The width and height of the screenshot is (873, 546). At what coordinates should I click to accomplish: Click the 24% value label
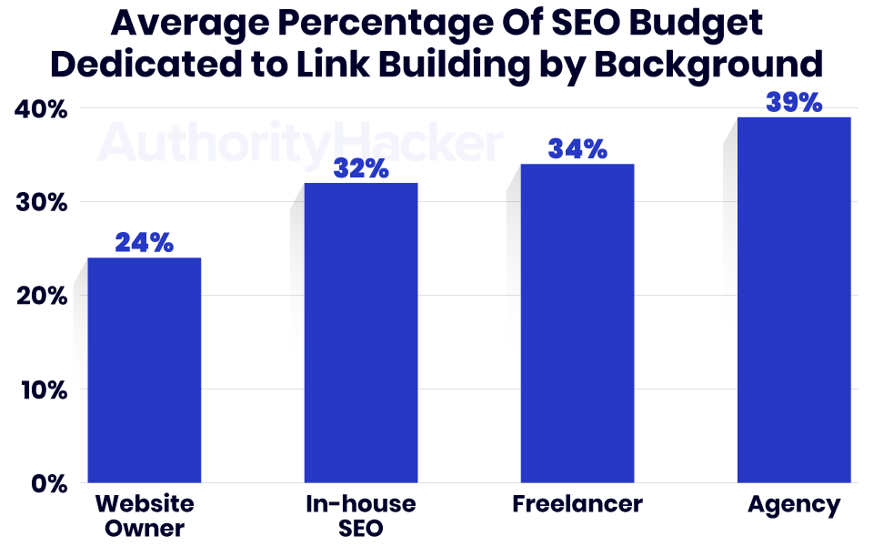[x=144, y=243]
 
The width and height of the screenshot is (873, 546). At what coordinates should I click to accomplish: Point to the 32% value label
[x=360, y=168]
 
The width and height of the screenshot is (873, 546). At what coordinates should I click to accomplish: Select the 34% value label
[x=577, y=148]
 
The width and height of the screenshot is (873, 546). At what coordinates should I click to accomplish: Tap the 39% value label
[x=794, y=102]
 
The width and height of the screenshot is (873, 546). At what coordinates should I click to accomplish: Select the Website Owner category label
[x=144, y=516]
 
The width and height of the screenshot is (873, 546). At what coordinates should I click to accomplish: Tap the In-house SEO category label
[x=360, y=516]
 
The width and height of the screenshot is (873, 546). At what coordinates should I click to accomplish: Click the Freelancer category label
[x=577, y=504]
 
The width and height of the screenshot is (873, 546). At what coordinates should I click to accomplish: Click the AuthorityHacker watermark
[x=300, y=143]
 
